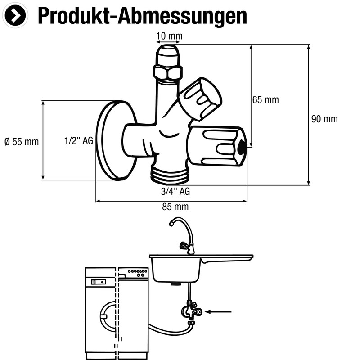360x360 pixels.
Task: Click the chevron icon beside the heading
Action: click(15, 15)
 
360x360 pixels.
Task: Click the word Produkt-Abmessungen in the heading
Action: click(142, 16)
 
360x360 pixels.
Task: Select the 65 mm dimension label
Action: click(265, 100)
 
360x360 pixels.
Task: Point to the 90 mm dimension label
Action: click(324, 119)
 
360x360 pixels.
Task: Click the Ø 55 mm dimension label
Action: click(22, 142)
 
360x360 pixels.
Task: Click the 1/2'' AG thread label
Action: click(78, 141)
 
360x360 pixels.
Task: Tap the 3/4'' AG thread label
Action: click(175, 192)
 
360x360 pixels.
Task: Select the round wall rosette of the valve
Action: click(115, 140)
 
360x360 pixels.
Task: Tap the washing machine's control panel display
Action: click(98, 282)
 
